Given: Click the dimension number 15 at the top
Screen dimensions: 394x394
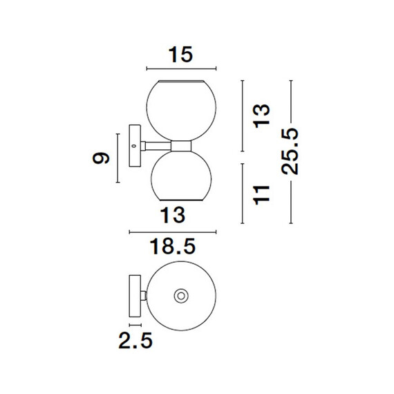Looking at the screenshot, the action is (x=181, y=55).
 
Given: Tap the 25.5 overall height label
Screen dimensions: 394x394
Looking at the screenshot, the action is (x=290, y=151).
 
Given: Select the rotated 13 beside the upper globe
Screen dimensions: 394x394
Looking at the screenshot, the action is (x=261, y=116).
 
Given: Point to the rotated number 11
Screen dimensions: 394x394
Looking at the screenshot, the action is (x=261, y=195).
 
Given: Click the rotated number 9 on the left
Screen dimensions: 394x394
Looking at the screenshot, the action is (x=101, y=158).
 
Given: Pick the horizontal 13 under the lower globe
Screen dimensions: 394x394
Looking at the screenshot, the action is (x=173, y=216).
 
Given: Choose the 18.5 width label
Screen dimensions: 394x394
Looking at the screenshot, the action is (x=173, y=247).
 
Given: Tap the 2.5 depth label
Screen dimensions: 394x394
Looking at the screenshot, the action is (x=135, y=340).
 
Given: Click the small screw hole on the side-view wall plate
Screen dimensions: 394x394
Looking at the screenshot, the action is (x=133, y=146).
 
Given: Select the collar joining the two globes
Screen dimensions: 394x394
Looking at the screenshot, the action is (x=181, y=146).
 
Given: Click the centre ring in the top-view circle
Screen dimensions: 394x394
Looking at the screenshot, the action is (x=181, y=296).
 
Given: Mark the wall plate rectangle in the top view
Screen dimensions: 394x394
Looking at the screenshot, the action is (x=135, y=296).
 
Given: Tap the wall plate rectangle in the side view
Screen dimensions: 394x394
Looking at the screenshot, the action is (x=135, y=146).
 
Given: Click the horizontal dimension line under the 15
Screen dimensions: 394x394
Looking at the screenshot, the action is (x=181, y=68).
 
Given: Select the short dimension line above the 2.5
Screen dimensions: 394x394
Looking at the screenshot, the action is (x=135, y=325).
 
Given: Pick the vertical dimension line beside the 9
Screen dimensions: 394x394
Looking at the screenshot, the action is (x=118, y=158).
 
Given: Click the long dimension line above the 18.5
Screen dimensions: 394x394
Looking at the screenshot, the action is (x=173, y=232).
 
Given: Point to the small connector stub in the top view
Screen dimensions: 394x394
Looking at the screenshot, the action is (x=144, y=296).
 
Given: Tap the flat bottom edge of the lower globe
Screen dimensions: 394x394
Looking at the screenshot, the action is (x=181, y=200).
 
